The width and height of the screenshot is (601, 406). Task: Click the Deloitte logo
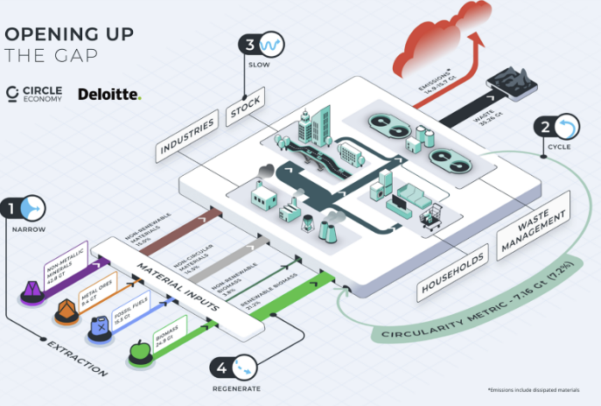tap(109, 94)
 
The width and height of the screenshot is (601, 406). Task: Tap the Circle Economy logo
tap(35, 94)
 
